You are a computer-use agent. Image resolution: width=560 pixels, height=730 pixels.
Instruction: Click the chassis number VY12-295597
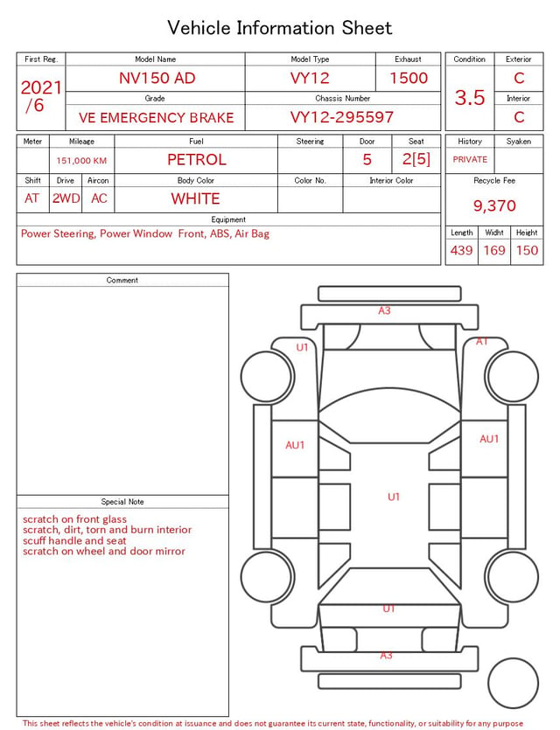[x=342, y=117]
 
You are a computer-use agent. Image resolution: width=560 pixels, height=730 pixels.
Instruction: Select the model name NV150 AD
[x=157, y=78]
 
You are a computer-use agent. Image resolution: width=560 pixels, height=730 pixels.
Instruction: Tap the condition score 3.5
[x=470, y=98]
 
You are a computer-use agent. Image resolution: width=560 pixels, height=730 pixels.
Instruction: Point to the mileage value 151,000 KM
[x=81, y=161]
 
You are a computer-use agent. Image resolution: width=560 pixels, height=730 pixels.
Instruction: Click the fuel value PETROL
[x=197, y=160]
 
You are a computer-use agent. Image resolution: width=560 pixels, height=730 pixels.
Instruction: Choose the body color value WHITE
[x=195, y=198]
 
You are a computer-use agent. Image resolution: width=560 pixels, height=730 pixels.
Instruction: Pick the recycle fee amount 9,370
[x=494, y=205]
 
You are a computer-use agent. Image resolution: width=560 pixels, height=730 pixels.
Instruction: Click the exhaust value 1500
[x=409, y=78]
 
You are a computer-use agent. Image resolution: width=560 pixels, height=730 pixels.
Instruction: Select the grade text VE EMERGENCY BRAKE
[x=156, y=118]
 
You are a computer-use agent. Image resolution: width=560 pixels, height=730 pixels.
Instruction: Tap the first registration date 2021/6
[x=41, y=96]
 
